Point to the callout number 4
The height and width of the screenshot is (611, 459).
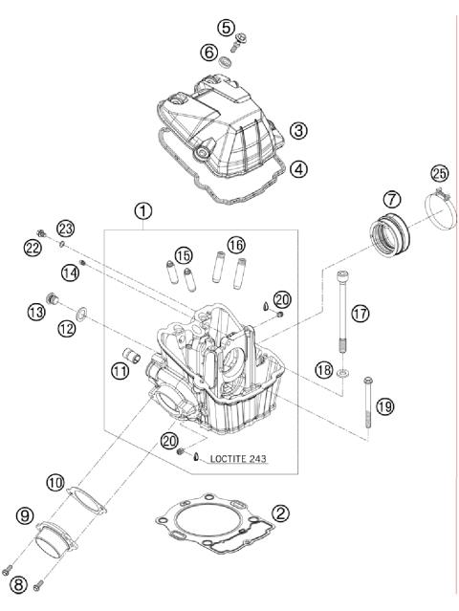click(x=299, y=169)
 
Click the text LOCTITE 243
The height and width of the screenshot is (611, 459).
click(x=233, y=459)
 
